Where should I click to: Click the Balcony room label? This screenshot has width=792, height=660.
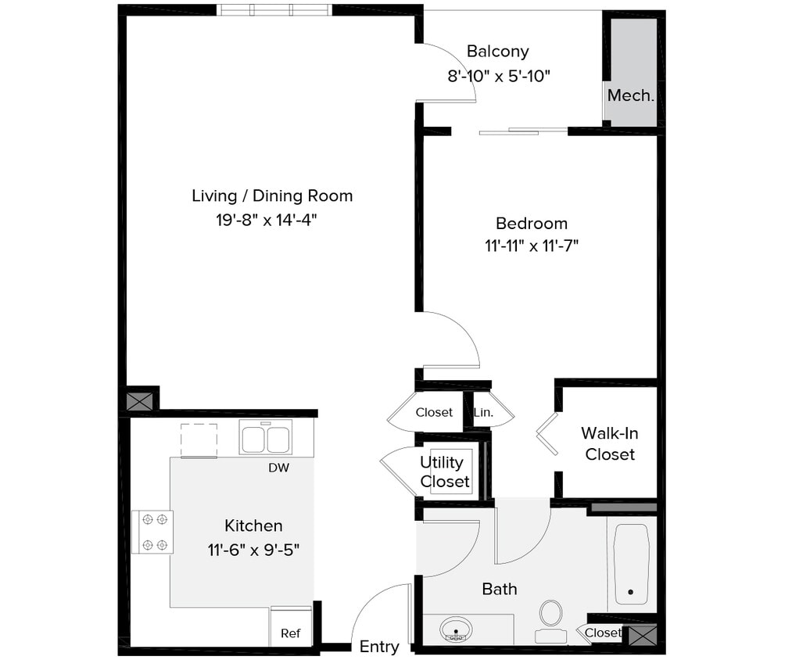click(x=497, y=52)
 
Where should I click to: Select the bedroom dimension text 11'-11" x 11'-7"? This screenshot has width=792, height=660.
click(x=531, y=246)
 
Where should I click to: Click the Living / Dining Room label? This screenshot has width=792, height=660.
click(x=271, y=195)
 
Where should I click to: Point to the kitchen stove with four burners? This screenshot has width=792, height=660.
click(x=152, y=532)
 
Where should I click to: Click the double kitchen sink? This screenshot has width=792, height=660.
click(x=266, y=438)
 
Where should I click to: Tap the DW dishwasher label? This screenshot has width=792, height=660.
click(x=278, y=468)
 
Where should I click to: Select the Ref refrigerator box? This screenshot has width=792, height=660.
click(x=290, y=628)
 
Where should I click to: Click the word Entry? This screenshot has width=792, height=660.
click(x=379, y=647)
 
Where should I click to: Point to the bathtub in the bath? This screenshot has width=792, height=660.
click(x=631, y=564)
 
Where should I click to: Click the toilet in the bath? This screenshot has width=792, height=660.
click(x=551, y=615)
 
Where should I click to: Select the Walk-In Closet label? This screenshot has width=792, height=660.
click(x=610, y=443)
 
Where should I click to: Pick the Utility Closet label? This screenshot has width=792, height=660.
click(x=445, y=472)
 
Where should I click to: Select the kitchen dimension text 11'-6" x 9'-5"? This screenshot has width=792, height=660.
click(x=253, y=550)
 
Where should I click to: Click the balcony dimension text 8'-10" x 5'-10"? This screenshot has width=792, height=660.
click(x=499, y=77)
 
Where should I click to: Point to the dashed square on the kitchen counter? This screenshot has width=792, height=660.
click(x=199, y=440)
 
